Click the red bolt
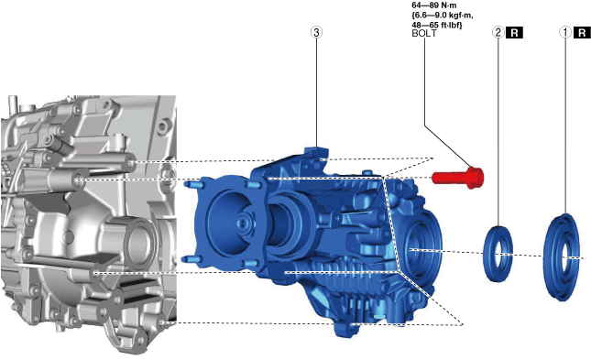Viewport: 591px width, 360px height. [x=458, y=178]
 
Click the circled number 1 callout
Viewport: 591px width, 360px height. [x=565, y=32]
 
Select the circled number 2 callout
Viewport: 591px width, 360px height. [x=498, y=32]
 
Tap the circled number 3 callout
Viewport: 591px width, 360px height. [x=316, y=32]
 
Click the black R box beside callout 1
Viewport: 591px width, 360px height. [x=582, y=33]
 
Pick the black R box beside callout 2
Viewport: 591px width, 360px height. [x=514, y=33]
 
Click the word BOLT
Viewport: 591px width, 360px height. [x=424, y=33]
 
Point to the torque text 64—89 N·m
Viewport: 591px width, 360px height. [x=434, y=5]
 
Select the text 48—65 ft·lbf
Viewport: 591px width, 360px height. [x=437, y=26]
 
